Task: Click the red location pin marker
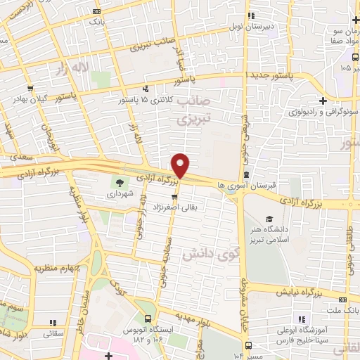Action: (181, 166)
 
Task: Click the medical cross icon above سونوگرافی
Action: (321, 101)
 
